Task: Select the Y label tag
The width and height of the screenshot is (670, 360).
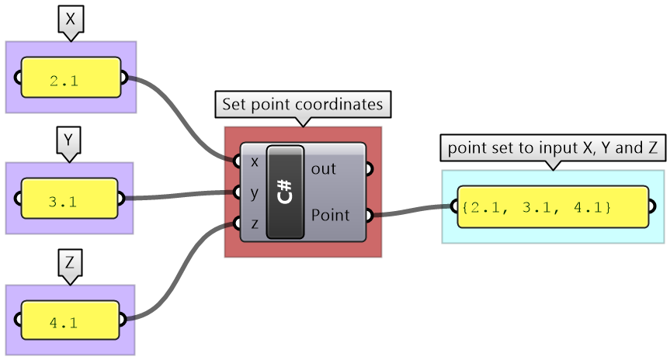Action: pyautogui.click(x=69, y=140)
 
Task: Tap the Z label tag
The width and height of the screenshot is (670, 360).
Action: pyautogui.click(x=69, y=262)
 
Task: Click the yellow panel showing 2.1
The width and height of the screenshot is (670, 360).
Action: pyautogui.click(x=71, y=78)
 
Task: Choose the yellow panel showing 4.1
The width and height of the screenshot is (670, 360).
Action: pyautogui.click(x=69, y=321)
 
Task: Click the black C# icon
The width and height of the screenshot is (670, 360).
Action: pyautogui.click(x=285, y=191)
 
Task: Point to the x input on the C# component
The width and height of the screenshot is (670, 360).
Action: pyautogui.click(x=255, y=161)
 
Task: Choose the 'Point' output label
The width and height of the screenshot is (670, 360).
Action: pyautogui.click(x=331, y=215)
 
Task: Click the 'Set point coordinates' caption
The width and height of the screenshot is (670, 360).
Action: pyautogui.click(x=302, y=104)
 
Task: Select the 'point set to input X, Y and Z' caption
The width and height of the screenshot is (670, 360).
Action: pyautogui.click(x=552, y=147)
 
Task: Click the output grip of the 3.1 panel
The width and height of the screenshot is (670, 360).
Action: pyautogui.click(x=121, y=198)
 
